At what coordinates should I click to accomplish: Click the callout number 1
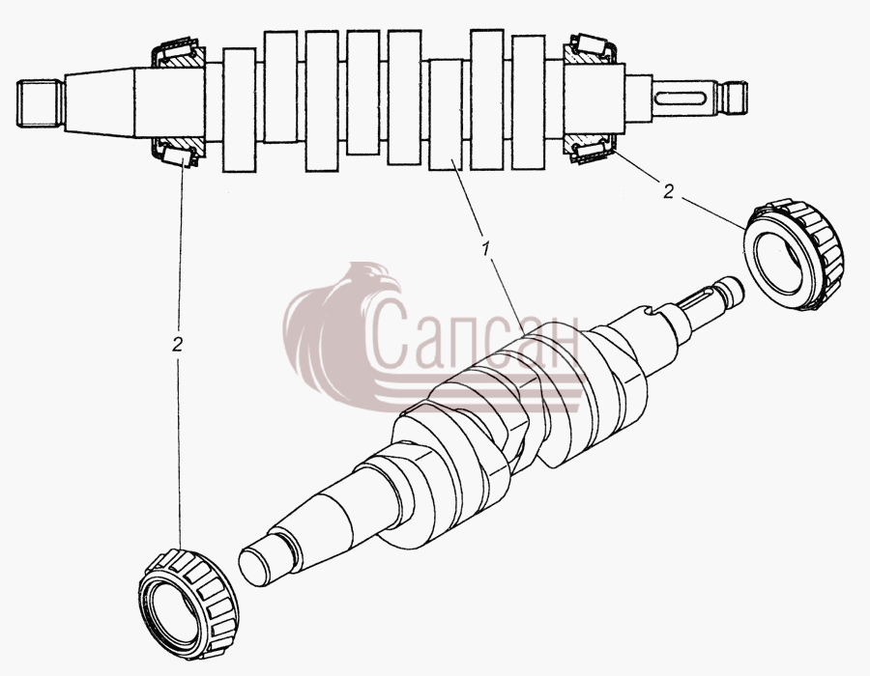pos(486,249)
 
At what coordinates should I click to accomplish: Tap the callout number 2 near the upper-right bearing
pos(668,192)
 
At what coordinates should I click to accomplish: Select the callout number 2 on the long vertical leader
pos(177,344)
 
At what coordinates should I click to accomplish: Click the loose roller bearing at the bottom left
pos(188,604)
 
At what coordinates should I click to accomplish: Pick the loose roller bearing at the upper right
pos(794,254)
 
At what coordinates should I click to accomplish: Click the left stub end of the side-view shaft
pos(38,103)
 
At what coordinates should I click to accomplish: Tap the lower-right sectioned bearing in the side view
pos(590,150)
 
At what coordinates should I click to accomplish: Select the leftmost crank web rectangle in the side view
pos(239,110)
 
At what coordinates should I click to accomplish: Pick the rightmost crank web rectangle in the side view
pos(529,102)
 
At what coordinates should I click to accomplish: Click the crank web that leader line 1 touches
pos(446,115)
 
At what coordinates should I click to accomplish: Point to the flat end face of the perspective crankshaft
pos(252,568)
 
